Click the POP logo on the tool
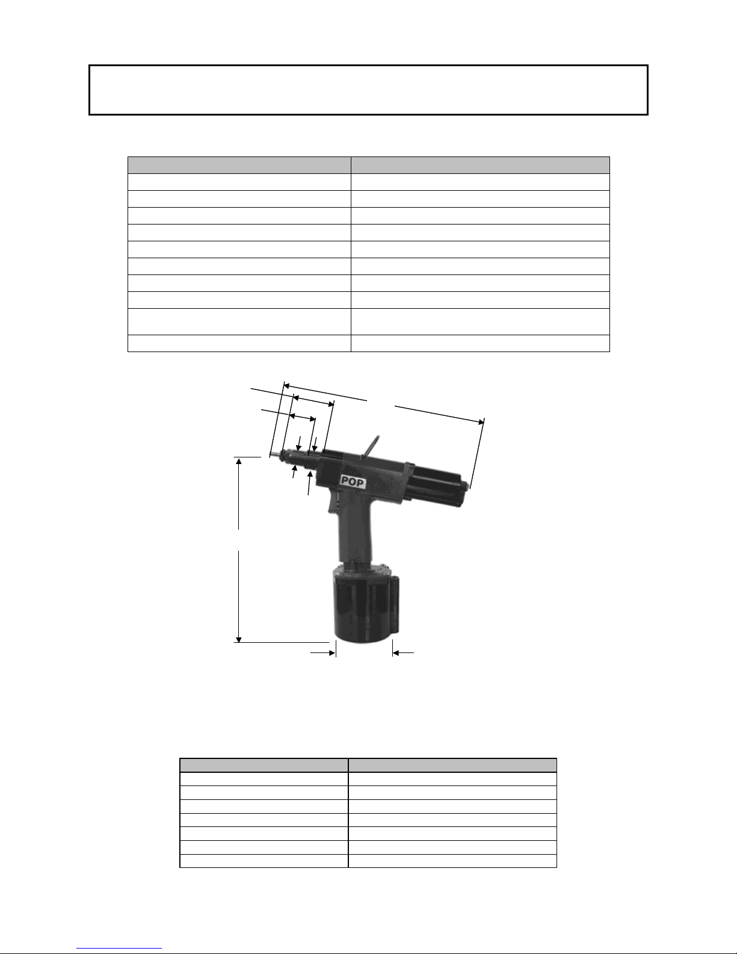353,482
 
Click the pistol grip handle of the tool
354,531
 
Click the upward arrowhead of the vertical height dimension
239,460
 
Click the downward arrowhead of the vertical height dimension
239,639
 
